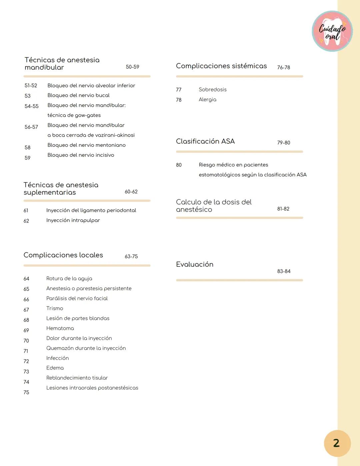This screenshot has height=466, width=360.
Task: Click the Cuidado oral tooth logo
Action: [x=332, y=31]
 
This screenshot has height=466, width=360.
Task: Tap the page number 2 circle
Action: [x=337, y=443]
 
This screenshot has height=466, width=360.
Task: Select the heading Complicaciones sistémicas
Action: [x=221, y=66]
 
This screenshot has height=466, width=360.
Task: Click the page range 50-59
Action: [x=132, y=67]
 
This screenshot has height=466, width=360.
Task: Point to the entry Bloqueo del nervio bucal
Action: [x=78, y=95]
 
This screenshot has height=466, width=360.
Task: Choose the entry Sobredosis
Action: [x=212, y=90]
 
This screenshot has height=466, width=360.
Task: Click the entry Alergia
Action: [x=207, y=100]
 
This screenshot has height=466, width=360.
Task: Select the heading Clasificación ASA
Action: [x=205, y=141]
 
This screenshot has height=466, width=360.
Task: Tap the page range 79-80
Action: [x=283, y=143]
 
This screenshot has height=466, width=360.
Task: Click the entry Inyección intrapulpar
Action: [x=73, y=220]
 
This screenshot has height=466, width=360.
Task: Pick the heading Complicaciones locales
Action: [x=63, y=255]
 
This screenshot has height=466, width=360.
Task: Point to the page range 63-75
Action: [x=131, y=257]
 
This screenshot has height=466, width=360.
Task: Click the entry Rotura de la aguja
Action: [x=69, y=279]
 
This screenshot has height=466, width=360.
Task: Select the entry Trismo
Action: [x=55, y=309]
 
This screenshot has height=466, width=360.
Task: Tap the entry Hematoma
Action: [x=60, y=328]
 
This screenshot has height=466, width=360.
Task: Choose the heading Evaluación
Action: [x=194, y=265]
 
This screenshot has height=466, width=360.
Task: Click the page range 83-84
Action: [x=284, y=272]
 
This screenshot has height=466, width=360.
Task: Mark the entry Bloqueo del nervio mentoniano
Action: [x=86, y=145]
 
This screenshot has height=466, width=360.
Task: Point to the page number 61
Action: [x=26, y=211]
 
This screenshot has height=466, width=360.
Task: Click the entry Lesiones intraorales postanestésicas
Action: [x=92, y=388]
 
